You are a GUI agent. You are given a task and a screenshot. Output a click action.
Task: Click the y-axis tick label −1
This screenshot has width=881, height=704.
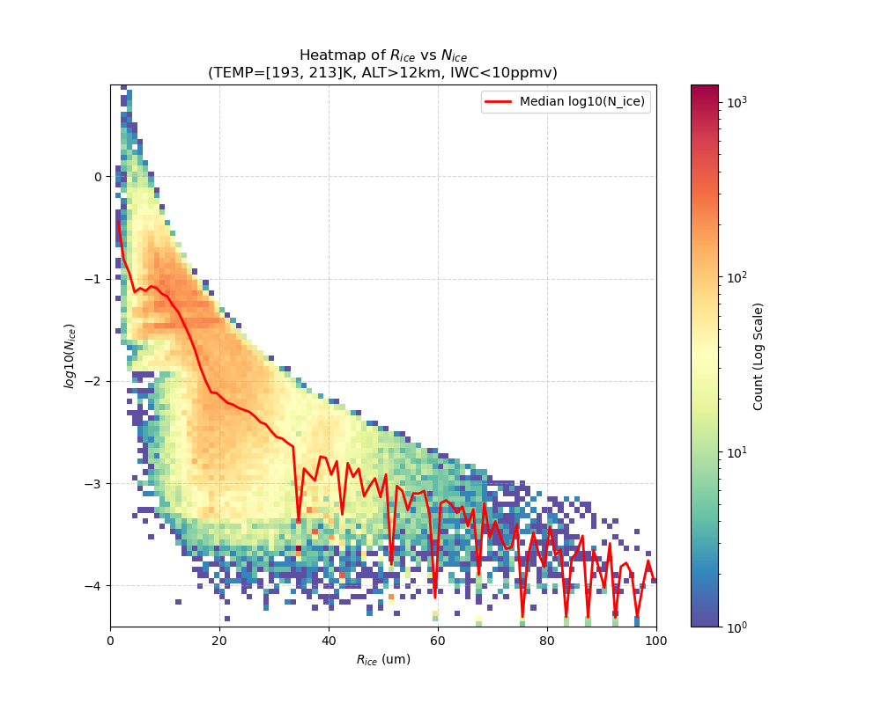pos(94,279)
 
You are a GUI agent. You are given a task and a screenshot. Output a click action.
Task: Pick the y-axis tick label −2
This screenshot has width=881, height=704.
pos(94,381)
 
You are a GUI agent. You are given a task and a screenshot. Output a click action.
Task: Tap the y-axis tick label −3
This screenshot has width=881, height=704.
pos(94,483)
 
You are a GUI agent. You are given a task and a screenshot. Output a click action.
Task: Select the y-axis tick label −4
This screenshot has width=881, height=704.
pos(94,585)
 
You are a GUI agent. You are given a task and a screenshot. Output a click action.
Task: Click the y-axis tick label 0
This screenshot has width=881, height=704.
pos(98,176)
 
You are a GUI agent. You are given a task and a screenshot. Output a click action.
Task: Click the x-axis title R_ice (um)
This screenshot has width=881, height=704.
pos(383,659)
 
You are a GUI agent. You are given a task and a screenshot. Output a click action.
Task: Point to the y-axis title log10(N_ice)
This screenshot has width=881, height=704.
pos(70,356)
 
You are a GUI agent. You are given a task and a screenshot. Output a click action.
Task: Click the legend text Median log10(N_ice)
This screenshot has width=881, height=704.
pos(581,102)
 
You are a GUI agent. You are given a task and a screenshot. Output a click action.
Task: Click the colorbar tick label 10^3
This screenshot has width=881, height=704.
pos(737,102)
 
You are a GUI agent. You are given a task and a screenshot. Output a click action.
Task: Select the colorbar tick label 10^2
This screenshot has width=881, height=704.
pos(737,277)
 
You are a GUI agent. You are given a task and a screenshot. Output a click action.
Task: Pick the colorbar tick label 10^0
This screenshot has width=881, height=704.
pos(737,627)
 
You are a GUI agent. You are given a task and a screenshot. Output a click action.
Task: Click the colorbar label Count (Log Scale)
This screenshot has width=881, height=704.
pos(759,356)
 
